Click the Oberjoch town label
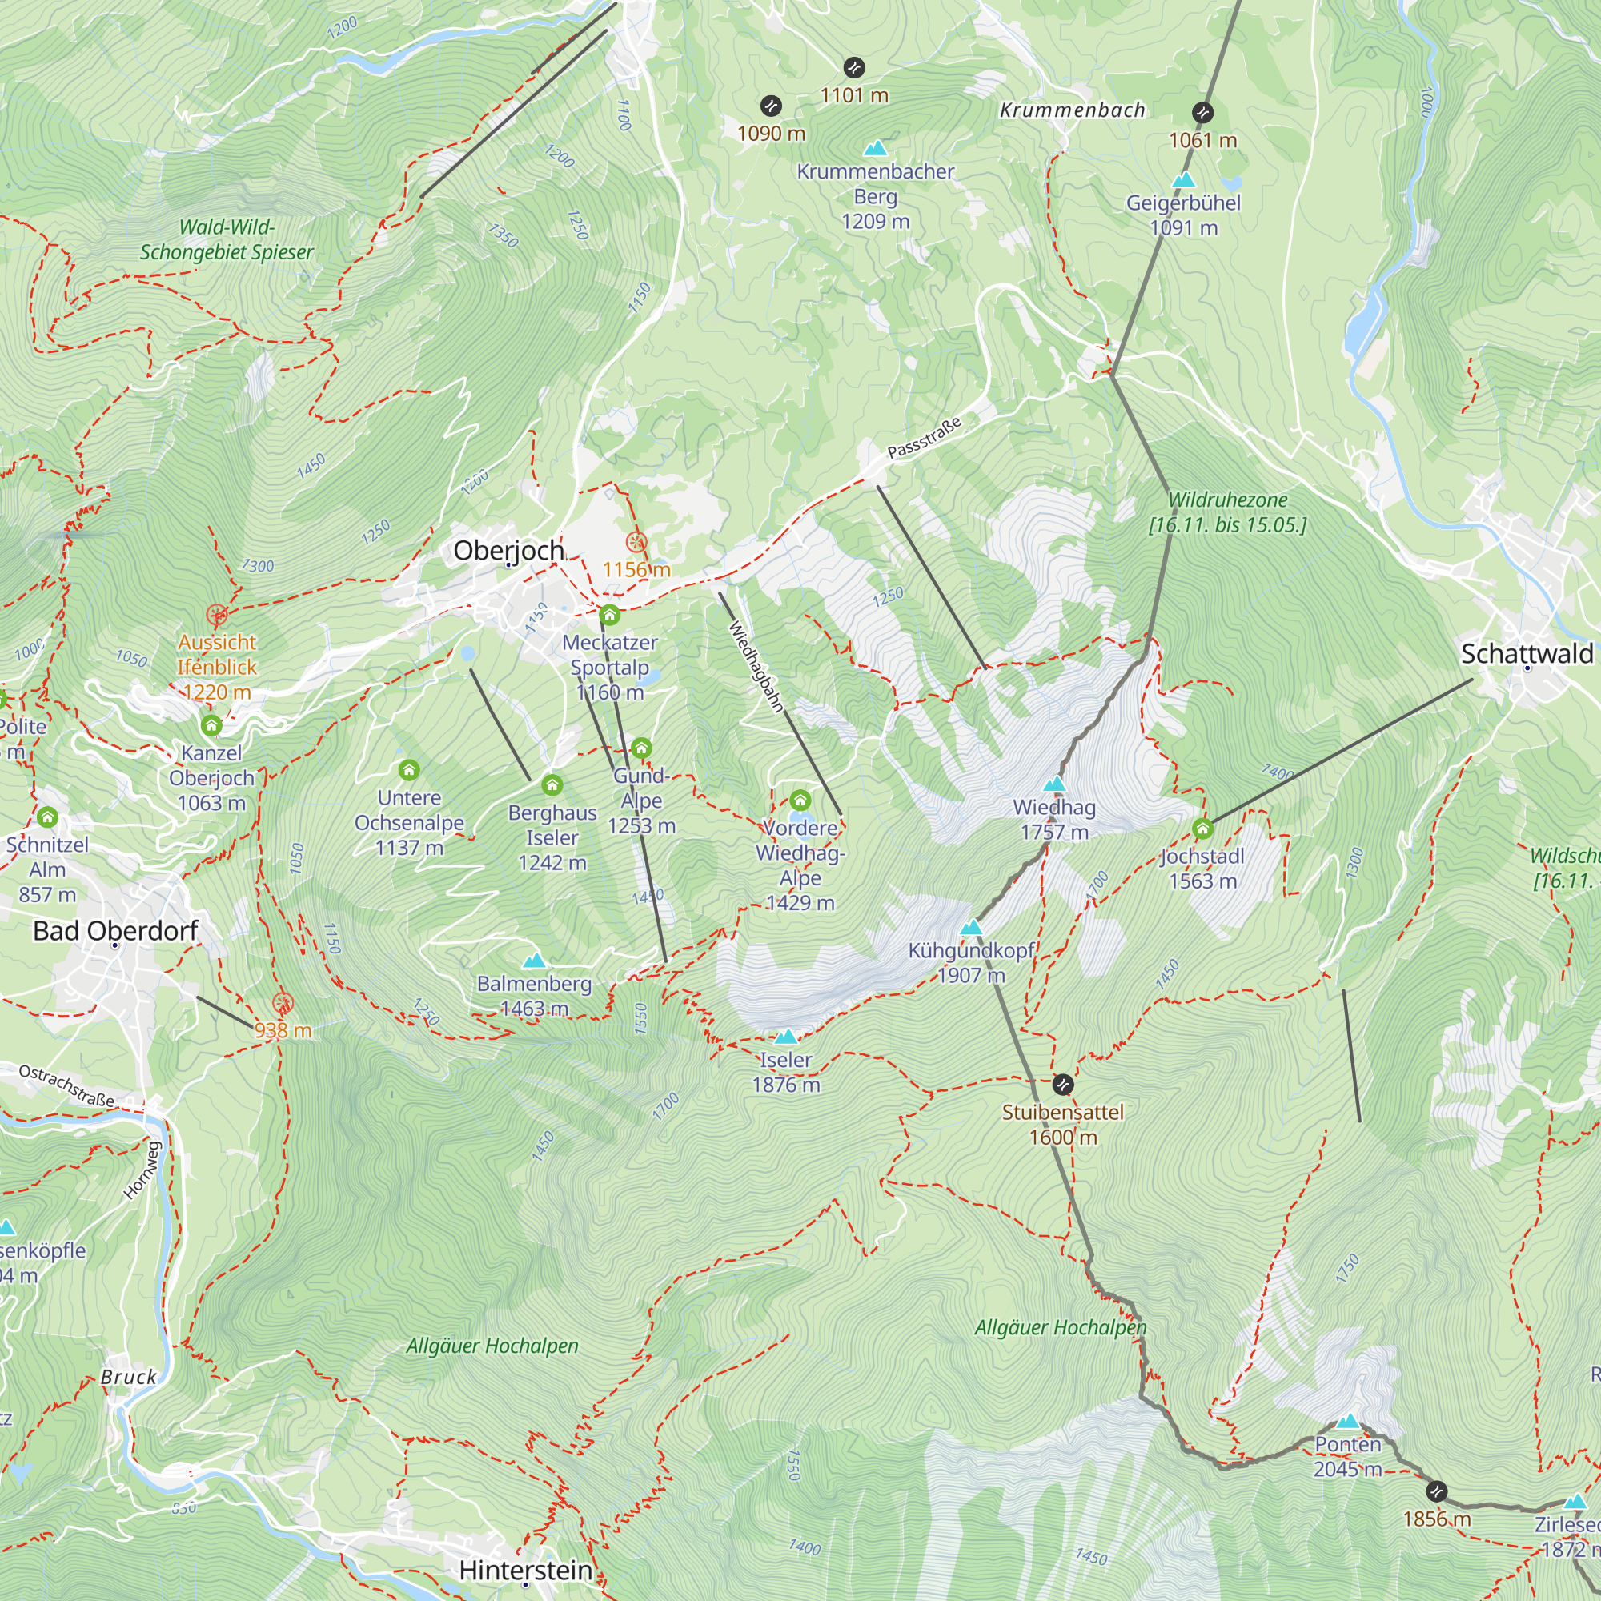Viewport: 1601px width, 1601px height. [509, 550]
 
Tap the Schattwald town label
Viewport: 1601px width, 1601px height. [1527, 653]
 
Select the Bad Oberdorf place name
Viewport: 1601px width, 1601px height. [115, 931]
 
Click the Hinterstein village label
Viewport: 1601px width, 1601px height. [525, 1570]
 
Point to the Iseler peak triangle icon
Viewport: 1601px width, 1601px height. [785, 1037]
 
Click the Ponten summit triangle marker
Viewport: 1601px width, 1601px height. [1347, 1421]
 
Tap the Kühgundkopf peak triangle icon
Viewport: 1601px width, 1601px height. [971, 927]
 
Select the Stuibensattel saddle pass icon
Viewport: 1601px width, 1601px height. [1063, 1084]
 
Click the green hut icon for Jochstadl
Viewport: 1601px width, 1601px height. [1202, 828]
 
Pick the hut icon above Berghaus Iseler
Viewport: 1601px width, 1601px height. [552, 784]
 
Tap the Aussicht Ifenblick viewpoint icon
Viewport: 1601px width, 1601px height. [217, 614]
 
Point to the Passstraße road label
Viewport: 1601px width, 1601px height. [924, 437]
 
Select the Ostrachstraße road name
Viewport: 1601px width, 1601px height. [66, 1085]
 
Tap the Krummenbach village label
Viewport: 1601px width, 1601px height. [1073, 110]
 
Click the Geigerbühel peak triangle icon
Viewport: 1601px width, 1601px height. [1183, 179]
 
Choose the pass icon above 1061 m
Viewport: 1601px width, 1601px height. [1202, 112]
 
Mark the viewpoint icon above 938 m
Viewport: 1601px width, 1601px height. [283, 1003]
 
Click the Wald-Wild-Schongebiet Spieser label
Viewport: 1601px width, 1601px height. [227, 239]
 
